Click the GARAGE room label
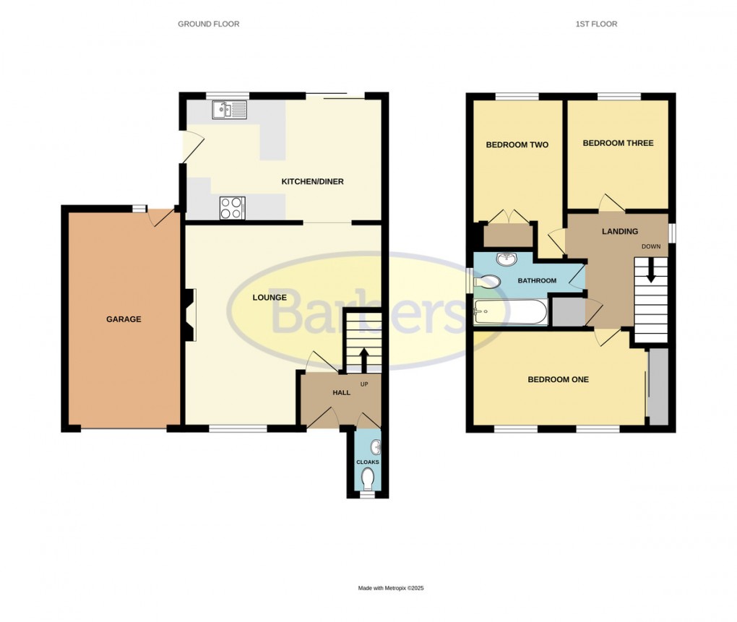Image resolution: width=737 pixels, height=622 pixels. pyautogui.click(x=124, y=319)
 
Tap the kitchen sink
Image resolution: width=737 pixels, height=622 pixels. pyautogui.click(x=229, y=110)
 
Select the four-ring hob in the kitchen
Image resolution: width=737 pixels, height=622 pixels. pyautogui.click(x=232, y=208)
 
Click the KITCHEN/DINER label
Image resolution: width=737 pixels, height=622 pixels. pyautogui.click(x=312, y=181)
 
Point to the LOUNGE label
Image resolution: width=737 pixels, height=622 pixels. pyautogui.click(x=269, y=297)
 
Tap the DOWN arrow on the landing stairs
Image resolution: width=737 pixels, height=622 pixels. pyautogui.click(x=650, y=271)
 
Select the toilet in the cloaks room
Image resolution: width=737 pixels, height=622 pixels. pyautogui.click(x=368, y=478)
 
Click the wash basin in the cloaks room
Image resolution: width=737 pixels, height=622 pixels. pyautogui.click(x=375, y=447)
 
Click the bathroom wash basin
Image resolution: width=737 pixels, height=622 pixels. pyautogui.click(x=506, y=259)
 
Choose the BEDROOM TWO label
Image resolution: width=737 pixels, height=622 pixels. pyautogui.click(x=517, y=144)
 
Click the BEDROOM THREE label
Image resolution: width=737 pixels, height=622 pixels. pyautogui.click(x=618, y=143)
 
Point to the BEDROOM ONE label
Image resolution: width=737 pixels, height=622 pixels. pyautogui.click(x=558, y=379)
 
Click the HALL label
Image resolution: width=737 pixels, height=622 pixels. pyautogui.click(x=341, y=392)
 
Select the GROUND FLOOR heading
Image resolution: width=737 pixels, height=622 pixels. pyautogui.click(x=208, y=24)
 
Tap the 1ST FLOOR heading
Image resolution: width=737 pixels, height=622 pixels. pyautogui.click(x=596, y=24)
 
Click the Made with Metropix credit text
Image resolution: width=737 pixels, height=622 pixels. pyautogui.click(x=391, y=588)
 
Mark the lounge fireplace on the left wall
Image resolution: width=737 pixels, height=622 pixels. pyautogui.click(x=189, y=315)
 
